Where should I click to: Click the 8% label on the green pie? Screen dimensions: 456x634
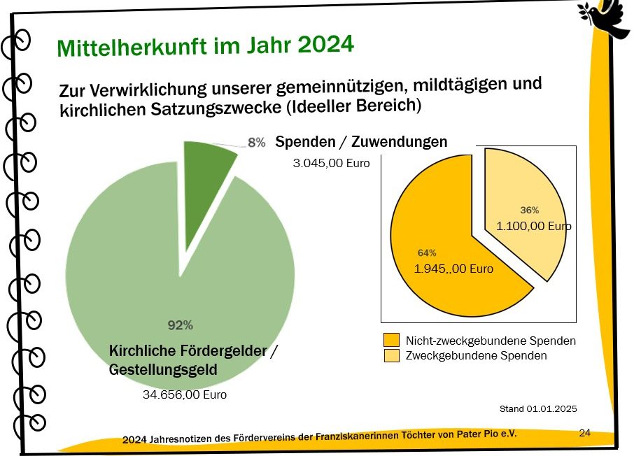click(x=257, y=143)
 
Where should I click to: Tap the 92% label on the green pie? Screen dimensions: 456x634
click(x=180, y=325)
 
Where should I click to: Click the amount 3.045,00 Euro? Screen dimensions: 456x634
click(x=331, y=164)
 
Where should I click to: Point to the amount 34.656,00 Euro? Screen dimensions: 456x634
click(x=185, y=394)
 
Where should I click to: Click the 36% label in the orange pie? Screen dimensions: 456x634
click(x=530, y=210)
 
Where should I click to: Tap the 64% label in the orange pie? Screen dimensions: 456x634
click(x=427, y=252)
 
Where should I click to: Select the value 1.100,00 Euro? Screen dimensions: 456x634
click(x=533, y=226)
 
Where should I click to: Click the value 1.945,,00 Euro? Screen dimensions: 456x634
click(x=453, y=269)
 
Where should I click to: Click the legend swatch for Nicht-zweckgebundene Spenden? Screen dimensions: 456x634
click(x=391, y=341)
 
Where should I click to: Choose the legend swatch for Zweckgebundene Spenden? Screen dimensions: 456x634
click(x=391, y=356)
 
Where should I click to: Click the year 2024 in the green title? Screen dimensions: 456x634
click(x=325, y=45)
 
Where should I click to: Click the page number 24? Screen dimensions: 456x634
click(x=585, y=433)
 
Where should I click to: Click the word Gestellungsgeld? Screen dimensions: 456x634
click(x=163, y=369)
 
